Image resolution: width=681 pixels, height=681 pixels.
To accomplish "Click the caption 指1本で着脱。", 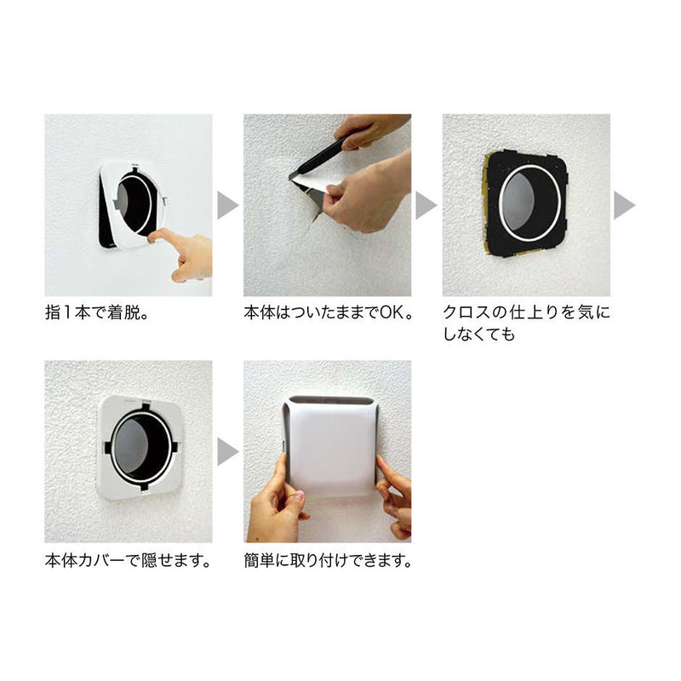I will (x=101, y=312).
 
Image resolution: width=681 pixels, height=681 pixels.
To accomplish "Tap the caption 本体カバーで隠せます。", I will (x=127, y=562).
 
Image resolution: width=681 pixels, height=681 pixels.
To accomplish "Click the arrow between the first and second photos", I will (x=227, y=205).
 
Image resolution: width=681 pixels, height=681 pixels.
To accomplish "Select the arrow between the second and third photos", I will (x=426, y=205).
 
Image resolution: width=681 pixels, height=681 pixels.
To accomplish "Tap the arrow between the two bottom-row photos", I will (x=227, y=452).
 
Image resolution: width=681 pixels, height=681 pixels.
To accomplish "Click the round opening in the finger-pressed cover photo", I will (x=134, y=207).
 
